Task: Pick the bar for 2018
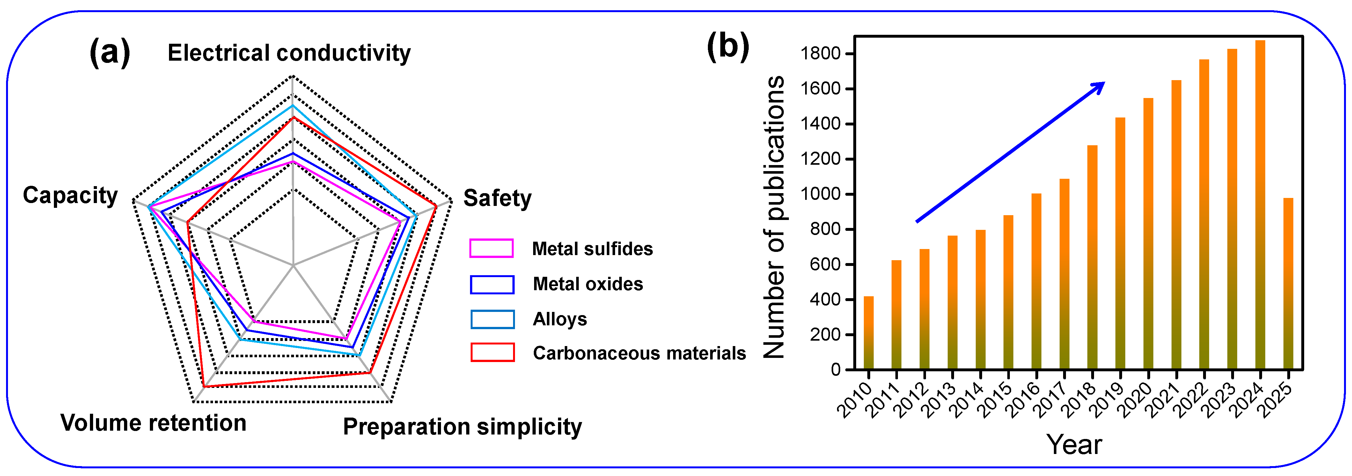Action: click(x=1092, y=257)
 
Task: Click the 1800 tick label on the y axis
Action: click(x=820, y=54)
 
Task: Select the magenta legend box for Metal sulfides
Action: click(x=491, y=248)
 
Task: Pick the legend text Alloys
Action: click(x=560, y=319)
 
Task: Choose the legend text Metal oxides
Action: click(x=588, y=284)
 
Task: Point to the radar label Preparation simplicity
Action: click(x=462, y=427)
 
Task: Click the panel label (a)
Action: click(x=110, y=53)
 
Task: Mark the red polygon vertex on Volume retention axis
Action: click(x=204, y=387)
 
